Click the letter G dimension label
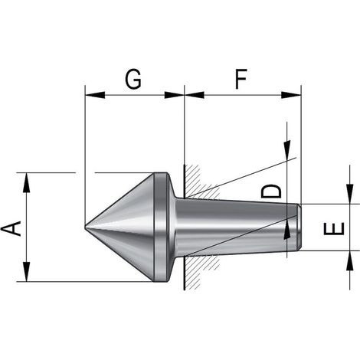tap(133, 79)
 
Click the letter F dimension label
tap(241, 79)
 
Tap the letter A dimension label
tap(11, 228)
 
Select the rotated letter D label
tap(271, 191)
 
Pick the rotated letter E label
tap(334, 228)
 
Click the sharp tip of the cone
tap(85, 226)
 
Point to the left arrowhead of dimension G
tap(95, 95)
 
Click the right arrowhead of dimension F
tap(291, 95)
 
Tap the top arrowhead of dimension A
tap(27, 182)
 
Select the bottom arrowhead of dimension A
tap(27, 272)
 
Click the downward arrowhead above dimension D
tap(287, 150)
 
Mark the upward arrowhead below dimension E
tap(350, 260)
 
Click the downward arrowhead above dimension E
tap(350, 194)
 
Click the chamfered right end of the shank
tap(299, 227)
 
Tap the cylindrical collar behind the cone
tap(161, 227)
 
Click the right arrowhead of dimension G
tap(174, 95)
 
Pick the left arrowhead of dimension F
tap(194, 95)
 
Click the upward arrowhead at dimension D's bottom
tap(287, 229)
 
